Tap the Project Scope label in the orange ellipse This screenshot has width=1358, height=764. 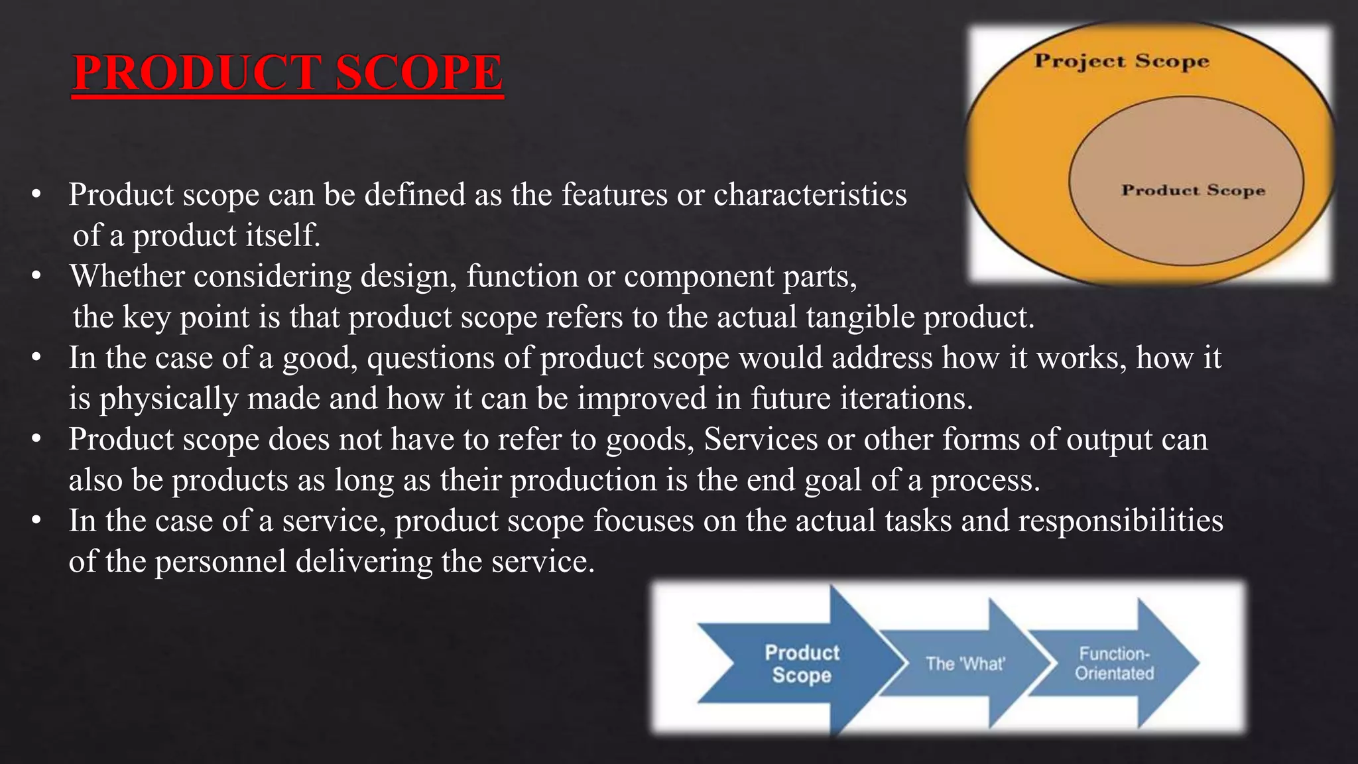(1122, 62)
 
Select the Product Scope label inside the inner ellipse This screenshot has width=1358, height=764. (1193, 190)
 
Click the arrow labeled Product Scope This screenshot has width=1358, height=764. (802, 663)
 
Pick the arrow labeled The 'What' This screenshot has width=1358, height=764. (965, 664)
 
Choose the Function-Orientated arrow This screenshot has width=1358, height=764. (1114, 663)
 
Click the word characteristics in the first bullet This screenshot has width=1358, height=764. (810, 195)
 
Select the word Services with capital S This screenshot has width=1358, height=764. (761, 439)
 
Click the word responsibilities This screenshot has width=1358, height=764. (1121, 521)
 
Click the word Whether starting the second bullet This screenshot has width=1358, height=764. (127, 276)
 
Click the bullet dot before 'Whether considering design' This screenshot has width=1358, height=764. (36, 276)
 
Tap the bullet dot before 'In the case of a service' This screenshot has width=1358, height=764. (36, 521)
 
